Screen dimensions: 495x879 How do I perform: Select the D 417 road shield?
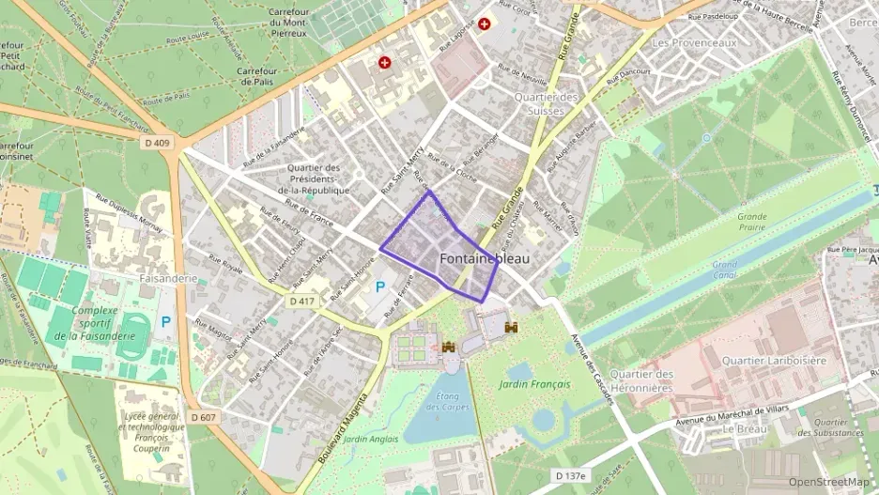coord(301,301)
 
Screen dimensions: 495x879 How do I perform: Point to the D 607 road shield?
coord(202,417)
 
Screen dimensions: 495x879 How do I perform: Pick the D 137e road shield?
coord(569,476)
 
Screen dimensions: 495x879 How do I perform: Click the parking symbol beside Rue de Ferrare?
coord(380,286)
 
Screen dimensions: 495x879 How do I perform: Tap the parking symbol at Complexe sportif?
coord(166,322)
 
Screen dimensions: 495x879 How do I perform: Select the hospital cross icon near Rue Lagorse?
coord(484,23)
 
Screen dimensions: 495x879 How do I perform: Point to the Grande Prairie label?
coord(751,222)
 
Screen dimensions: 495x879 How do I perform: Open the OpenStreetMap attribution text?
coord(828,482)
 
